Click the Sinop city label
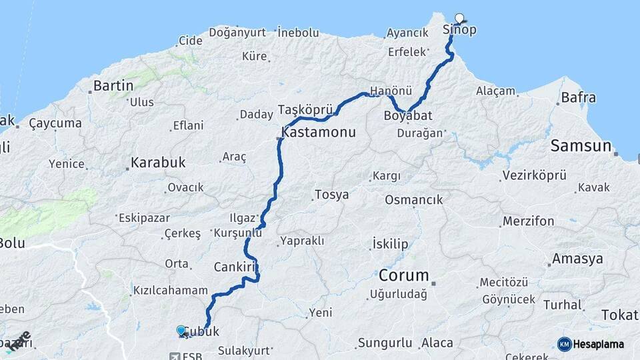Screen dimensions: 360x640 [459, 30]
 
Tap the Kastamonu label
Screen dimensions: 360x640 [319, 133]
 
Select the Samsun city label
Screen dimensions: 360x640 [580, 147]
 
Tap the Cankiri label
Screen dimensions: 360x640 [235, 267]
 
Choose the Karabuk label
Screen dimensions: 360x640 [157, 162]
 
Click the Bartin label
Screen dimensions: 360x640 [113, 85]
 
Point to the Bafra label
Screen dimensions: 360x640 [579, 98]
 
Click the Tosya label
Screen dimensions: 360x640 [331, 195]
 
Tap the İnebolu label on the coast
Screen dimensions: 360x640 [297, 31]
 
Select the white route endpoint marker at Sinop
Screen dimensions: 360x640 [459, 18]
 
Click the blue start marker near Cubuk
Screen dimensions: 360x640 [181, 330]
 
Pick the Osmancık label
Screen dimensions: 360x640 [413, 200]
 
